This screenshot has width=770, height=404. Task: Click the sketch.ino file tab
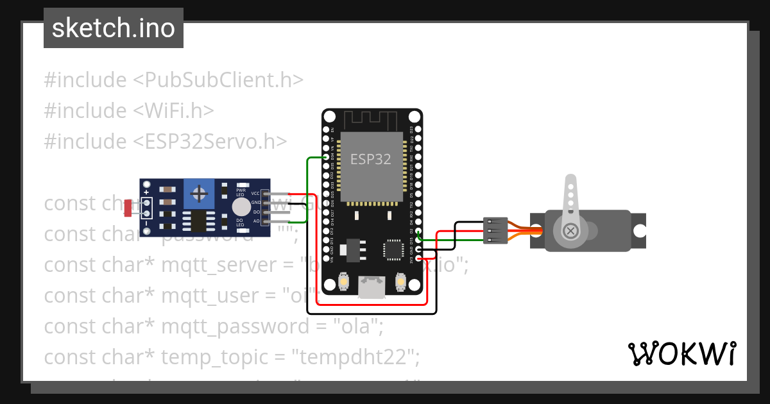click(x=113, y=28)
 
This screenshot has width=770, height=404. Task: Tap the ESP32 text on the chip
click(x=370, y=159)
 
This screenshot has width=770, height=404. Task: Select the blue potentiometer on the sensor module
click(x=200, y=194)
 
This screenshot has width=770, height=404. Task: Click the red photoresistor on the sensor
click(x=128, y=207)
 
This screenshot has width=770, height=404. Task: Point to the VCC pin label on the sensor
click(x=255, y=193)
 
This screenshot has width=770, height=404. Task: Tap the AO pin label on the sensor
click(x=256, y=221)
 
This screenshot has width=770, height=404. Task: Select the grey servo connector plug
click(x=495, y=231)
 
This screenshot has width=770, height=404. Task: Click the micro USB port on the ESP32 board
click(x=372, y=287)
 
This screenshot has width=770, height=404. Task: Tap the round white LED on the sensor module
click(x=241, y=206)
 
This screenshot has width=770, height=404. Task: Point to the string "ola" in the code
click(x=353, y=326)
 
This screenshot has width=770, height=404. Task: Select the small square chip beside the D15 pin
click(x=392, y=249)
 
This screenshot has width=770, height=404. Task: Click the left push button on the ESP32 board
click(x=343, y=282)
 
